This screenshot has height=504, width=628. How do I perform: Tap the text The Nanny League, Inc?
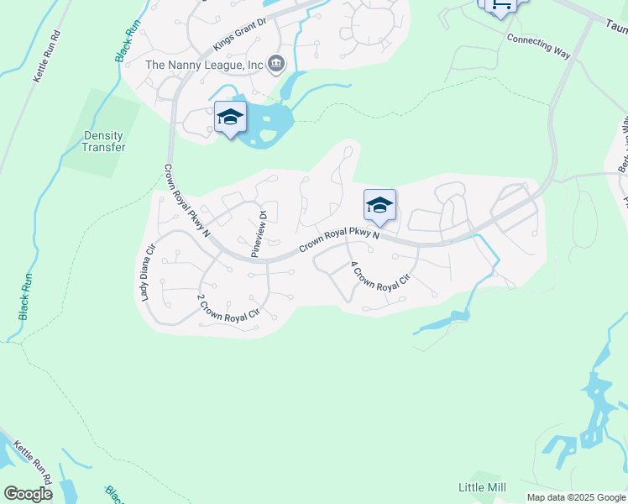[204, 64]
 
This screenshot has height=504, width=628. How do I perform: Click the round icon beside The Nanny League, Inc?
[276, 64]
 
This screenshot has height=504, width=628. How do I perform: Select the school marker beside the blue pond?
[229, 118]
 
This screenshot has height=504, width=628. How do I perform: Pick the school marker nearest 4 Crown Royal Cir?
[379, 205]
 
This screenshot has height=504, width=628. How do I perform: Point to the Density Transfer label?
[103, 141]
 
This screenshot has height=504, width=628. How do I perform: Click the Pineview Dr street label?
[259, 233]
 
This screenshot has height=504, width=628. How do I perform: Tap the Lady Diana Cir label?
[148, 271]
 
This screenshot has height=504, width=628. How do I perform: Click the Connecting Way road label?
[538, 45]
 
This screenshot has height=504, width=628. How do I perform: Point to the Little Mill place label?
[482, 487]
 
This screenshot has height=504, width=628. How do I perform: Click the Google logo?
[28, 494]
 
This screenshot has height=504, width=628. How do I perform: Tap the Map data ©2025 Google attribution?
[576, 497]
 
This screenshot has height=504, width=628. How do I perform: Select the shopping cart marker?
[501, 5]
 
